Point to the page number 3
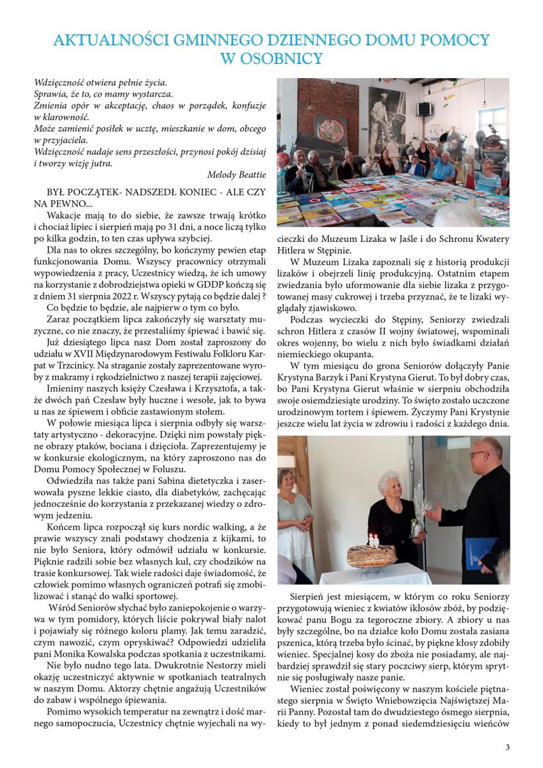tap(507, 747)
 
